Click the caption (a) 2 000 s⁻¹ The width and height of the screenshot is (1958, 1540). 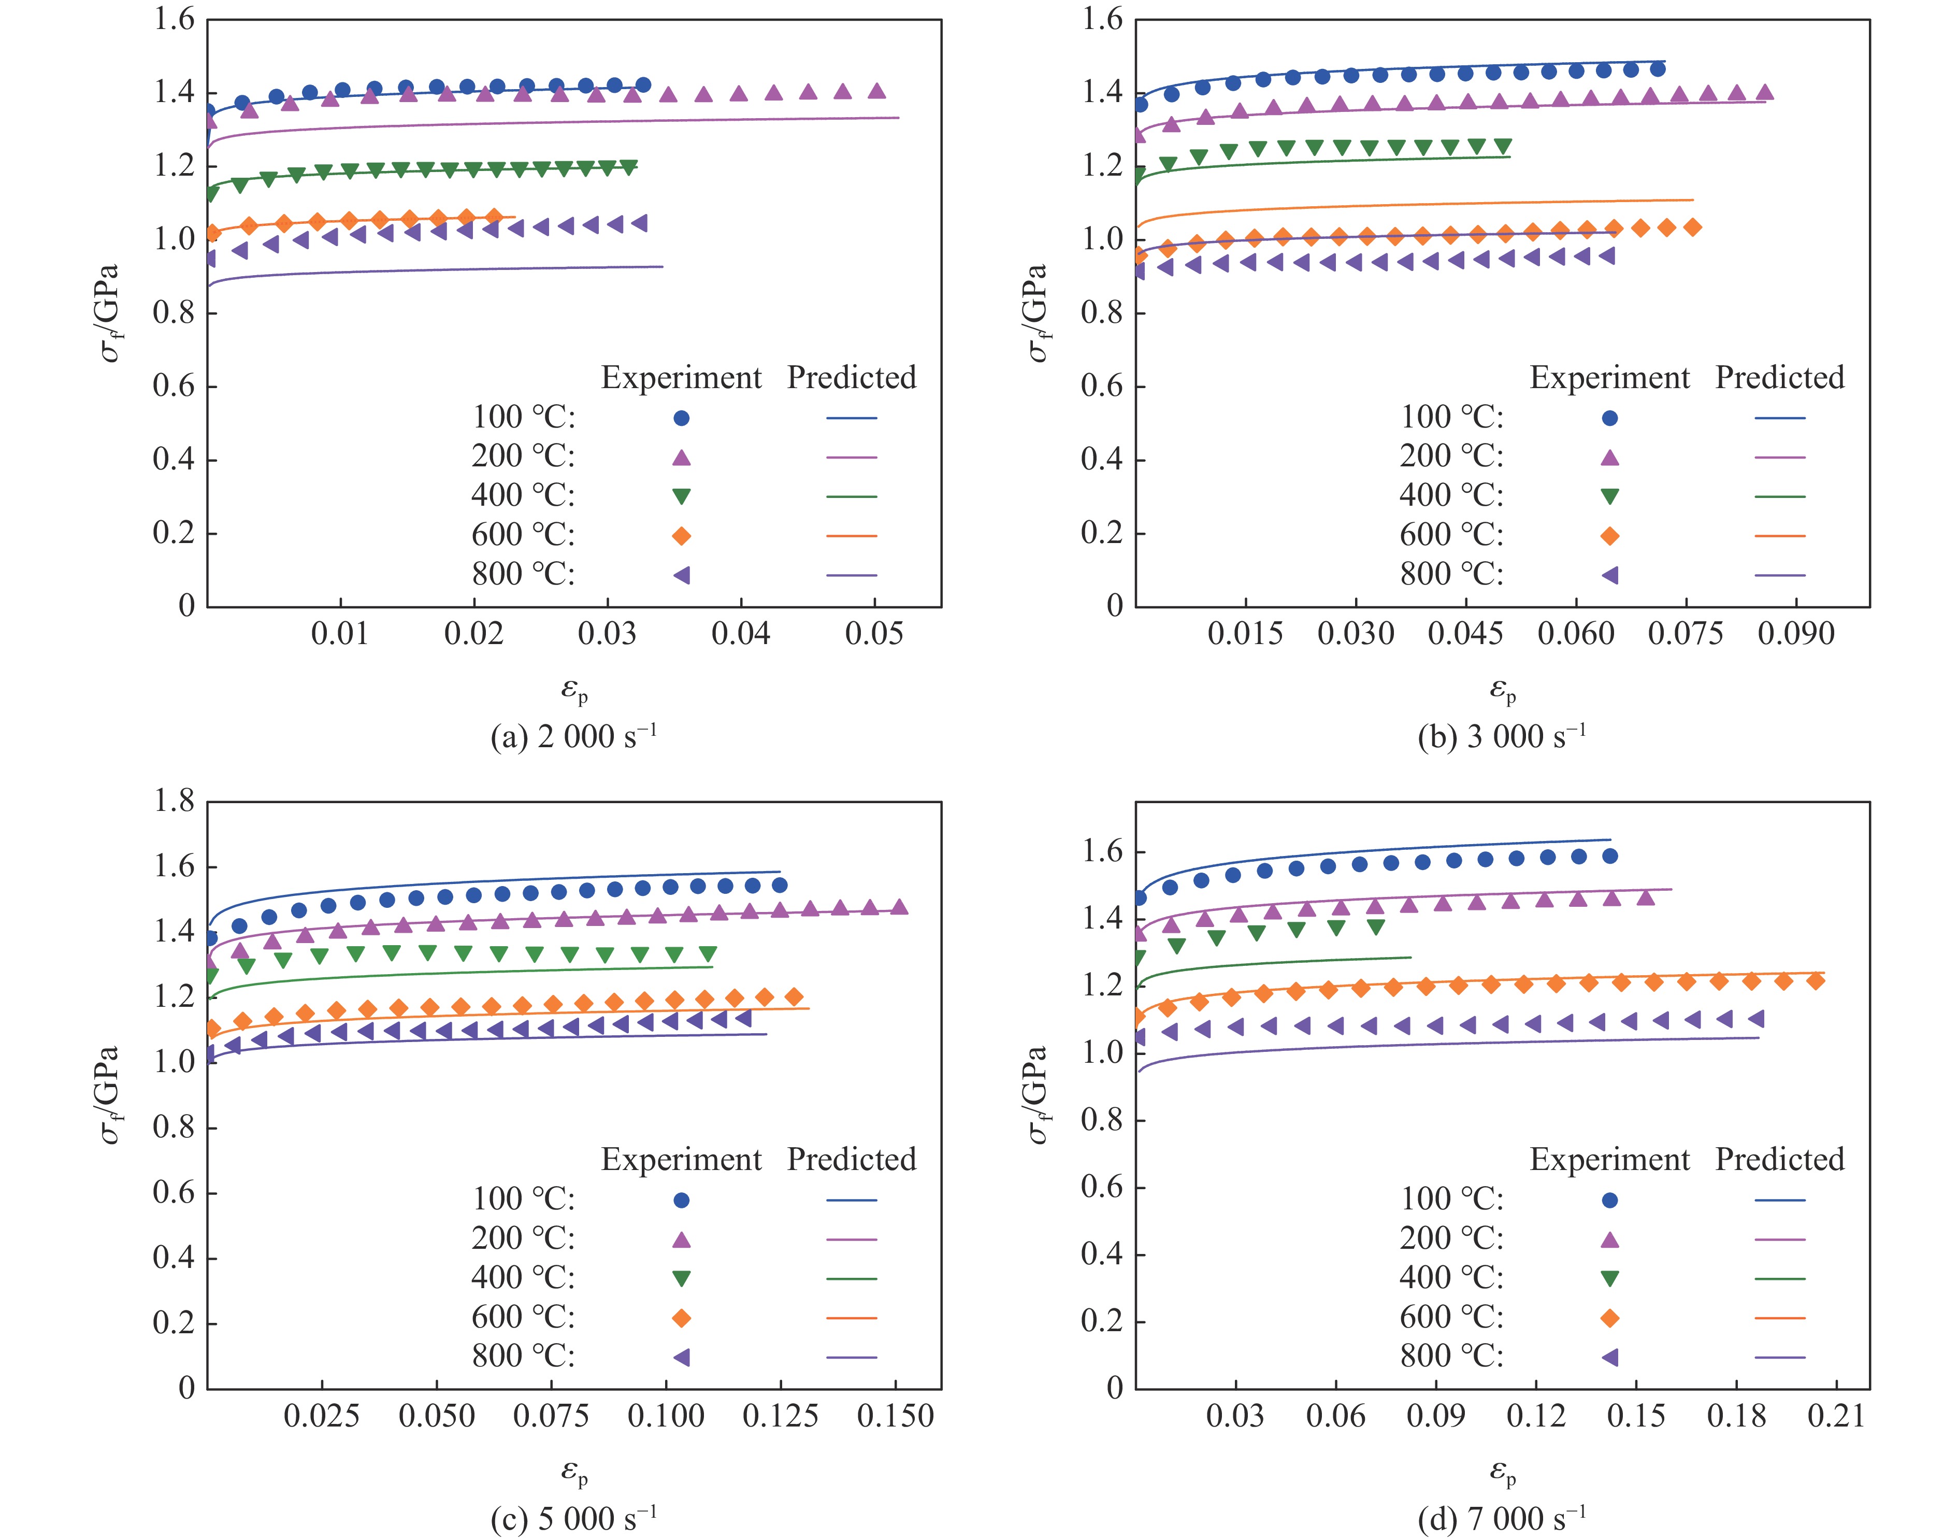pyautogui.click(x=573, y=737)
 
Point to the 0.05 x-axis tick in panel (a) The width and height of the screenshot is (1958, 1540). pyautogui.click(x=873, y=634)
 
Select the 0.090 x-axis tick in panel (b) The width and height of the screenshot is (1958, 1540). pyautogui.click(x=1796, y=634)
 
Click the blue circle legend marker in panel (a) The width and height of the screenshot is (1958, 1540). pyautogui.click(x=682, y=418)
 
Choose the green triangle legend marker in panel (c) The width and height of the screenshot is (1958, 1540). pyautogui.click(x=682, y=1278)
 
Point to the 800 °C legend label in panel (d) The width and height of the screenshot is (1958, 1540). pyautogui.click(x=1451, y=1356)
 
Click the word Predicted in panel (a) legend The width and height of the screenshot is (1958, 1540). pyautogui.click(x=851, y=378)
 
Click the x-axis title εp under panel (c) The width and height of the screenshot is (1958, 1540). pyautogui.click(x=574, y=1473)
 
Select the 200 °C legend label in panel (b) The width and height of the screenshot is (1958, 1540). pyautogui.click(x=1451, y=456)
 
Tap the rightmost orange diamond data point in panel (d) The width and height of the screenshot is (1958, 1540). pyautogui.click(x=1816, y=981)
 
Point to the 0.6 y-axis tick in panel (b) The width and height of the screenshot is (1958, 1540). pyautogui.click(x=1102, y=387)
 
